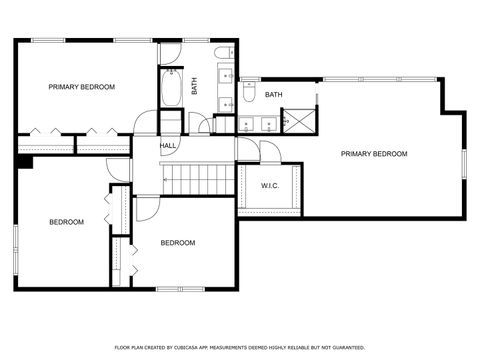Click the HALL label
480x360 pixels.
pyautogui.click(x=168, y=146)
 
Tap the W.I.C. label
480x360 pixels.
pyautogui.click(x=270, y=186)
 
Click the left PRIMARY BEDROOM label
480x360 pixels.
pyautogui.click(x=82, y=87)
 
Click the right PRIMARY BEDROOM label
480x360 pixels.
pyautogui.click(x=374, y=154)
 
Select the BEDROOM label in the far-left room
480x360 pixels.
pyautogui.click(x=67, y=222)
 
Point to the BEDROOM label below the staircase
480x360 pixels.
pyautogui.click(x=178, y=243)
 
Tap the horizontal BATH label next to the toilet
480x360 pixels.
pyautogui.click(x=274, y=95)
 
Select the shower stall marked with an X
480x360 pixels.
pyautogui.click(x=297, y=121)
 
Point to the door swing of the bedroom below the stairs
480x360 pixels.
pyautogui.click(x=146, y=208)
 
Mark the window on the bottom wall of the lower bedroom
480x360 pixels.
pyautogui.click(x=180, y=289)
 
